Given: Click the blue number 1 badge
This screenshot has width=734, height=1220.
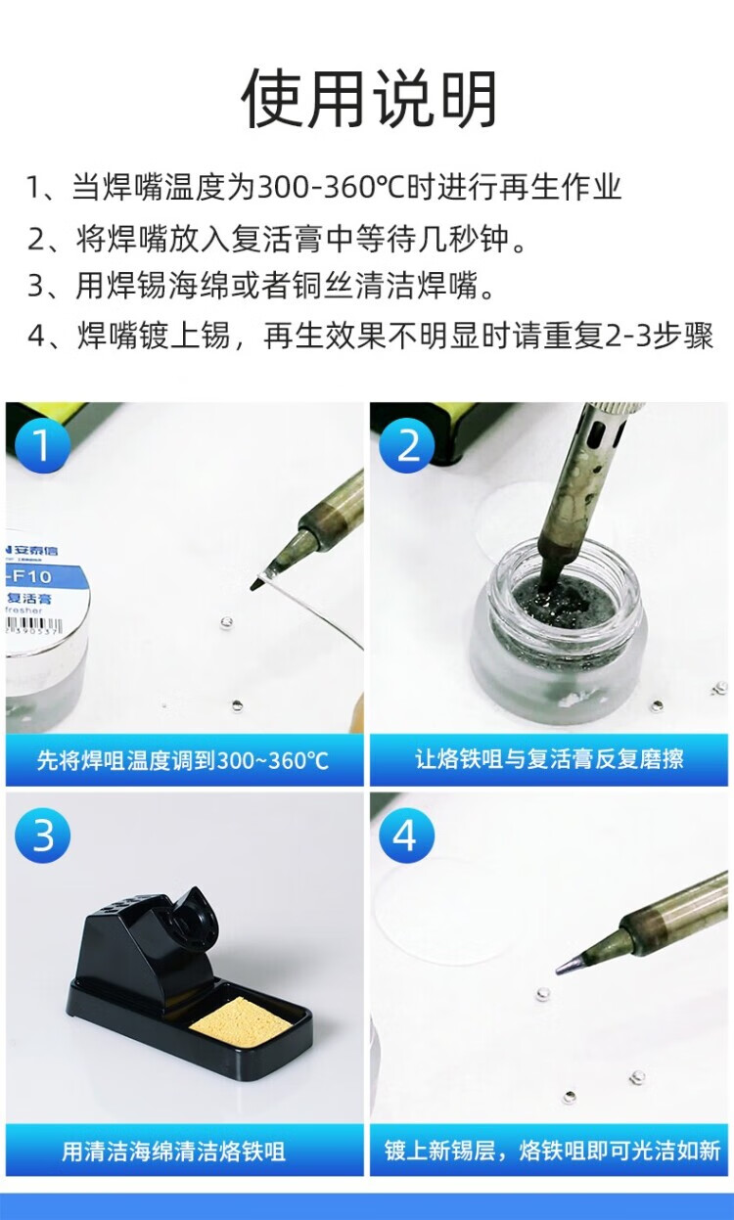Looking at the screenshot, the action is (42, 445).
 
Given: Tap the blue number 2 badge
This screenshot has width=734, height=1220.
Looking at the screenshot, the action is (407, 445).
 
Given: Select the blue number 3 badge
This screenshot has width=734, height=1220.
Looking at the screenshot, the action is (42, 835).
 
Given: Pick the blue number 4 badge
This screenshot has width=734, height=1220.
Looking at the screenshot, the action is (407, 835).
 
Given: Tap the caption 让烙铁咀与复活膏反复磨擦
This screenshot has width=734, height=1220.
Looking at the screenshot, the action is (549, 759).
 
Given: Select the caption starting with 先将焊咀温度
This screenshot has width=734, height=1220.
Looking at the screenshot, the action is (183, 760).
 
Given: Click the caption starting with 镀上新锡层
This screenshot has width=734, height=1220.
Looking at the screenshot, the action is (552, 1150).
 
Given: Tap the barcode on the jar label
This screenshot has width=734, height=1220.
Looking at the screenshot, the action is (32, 626).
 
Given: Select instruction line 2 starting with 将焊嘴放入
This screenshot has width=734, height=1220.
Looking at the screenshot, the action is (277, 239).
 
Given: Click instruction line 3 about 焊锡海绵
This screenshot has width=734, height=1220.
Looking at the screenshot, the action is (260, 286).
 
